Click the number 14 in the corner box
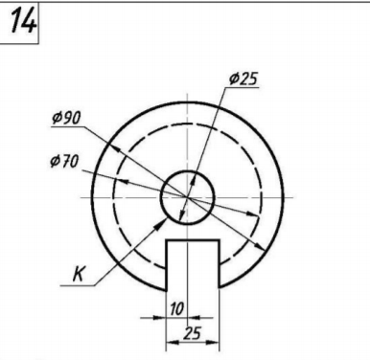coord(23,20)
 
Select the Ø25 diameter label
coord(243,79)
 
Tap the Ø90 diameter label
coord(66,118)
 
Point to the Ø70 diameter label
coord(64,161)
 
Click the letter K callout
coord(79,274)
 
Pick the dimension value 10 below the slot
coord(176,308)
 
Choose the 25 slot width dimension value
coord(193,333)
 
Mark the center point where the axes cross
coord(187,197)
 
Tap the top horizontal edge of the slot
coord(193,240)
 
